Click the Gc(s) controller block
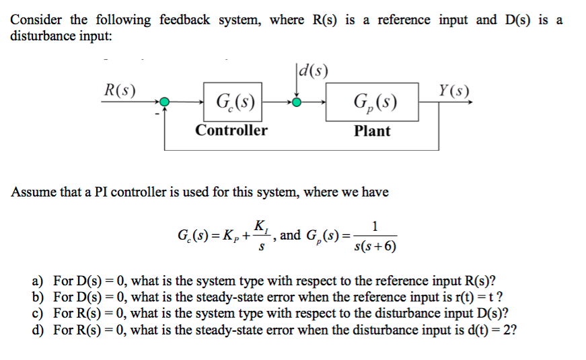point(233,103)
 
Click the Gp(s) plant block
point(373,103)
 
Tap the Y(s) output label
point(454,90)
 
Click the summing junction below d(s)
point(297,103)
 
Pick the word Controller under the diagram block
point(231,131)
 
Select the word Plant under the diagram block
point(372,131)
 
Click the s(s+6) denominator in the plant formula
point(375,246)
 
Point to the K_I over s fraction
point(262,235)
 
